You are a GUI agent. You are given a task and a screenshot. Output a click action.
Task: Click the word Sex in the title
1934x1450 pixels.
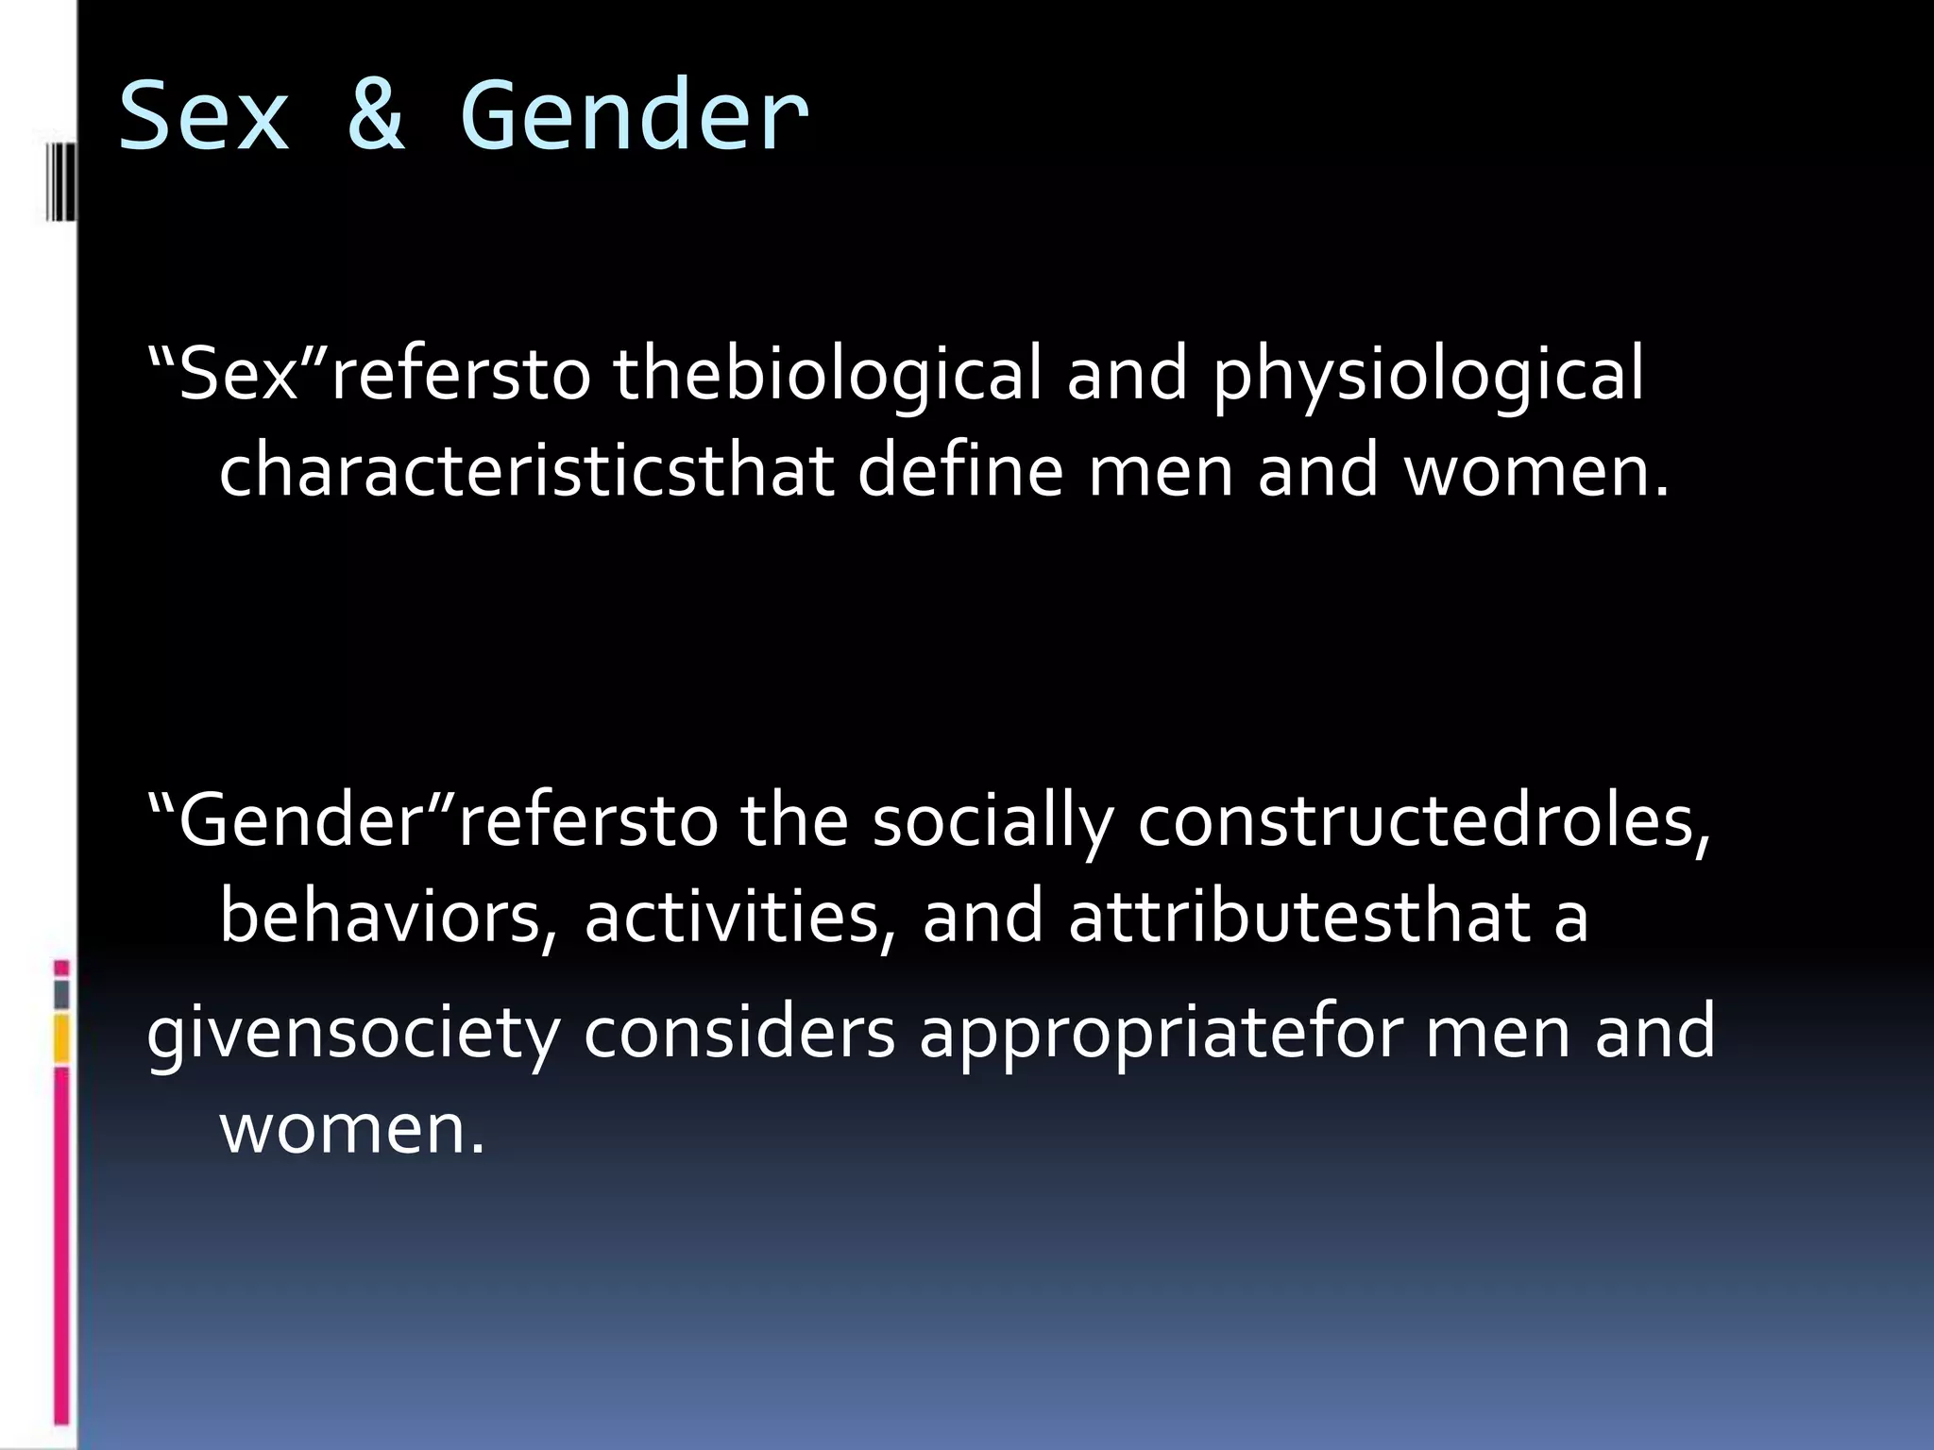pyautogui.click(x=204, y=117)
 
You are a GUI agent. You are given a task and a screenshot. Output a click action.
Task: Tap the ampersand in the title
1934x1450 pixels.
pyautogui.click(x=377, y=117)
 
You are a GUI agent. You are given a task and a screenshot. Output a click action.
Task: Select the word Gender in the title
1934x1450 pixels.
pyautogui.click(x=634, y=117)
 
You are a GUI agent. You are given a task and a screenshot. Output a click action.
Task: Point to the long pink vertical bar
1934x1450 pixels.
pyautogui.click(x=61, y=1246)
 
